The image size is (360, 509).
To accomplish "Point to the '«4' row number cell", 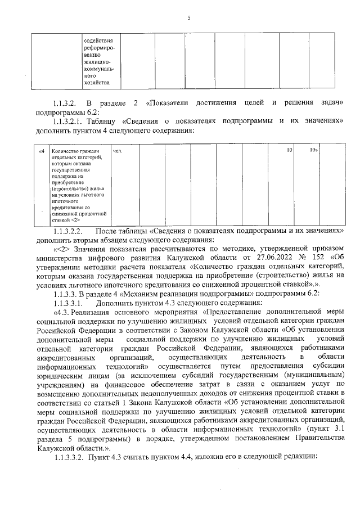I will pyautogui.click(x=40, y=151).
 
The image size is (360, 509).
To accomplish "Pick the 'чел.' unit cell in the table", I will pyautogui.click(x=118, y=151).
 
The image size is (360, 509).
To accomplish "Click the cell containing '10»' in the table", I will pyautogui.click(x=314, y=151).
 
